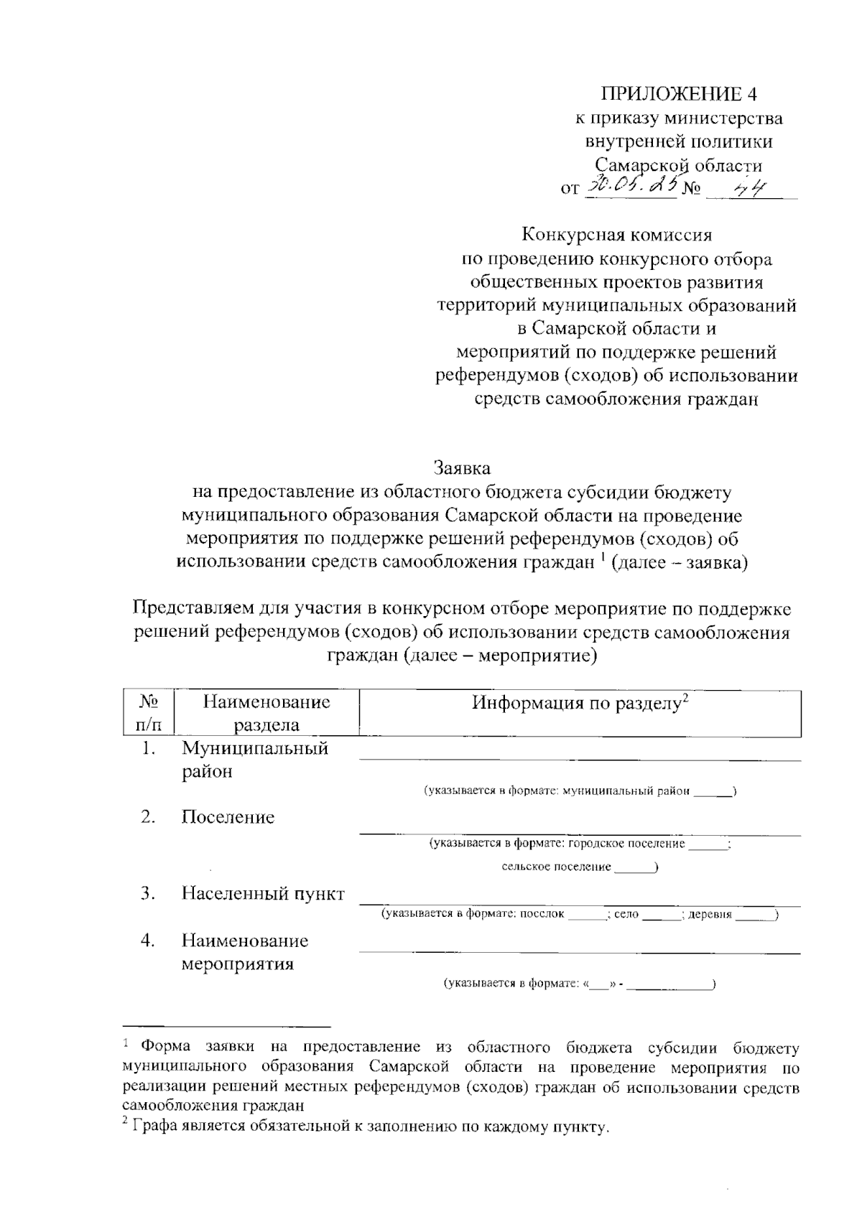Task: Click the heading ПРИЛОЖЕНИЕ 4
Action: (x=679, y=94)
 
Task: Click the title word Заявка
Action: (x=462, y=468)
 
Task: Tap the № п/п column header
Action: (x=147, y=712)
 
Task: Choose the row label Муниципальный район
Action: (x=254, y=760)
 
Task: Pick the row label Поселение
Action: (x=228, y=817)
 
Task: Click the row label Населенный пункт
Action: (x=263, y=894)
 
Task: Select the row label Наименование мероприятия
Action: (x=244, y=951)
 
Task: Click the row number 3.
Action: (x=148, y=894)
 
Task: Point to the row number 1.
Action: (x=148, y=749)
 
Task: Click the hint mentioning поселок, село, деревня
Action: (x=580, y=914)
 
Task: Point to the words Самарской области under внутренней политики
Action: (x=679, y=164)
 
